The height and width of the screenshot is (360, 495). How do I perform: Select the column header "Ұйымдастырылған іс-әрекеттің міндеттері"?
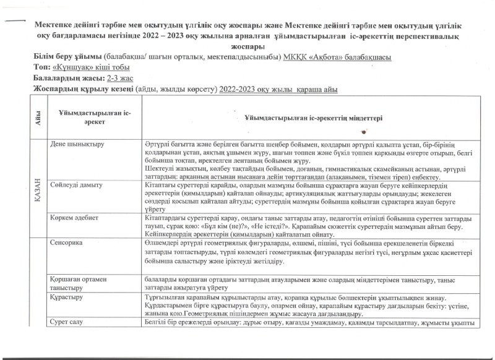[x=313, y=118]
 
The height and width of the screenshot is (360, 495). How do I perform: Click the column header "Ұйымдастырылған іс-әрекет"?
[x=93, y=118]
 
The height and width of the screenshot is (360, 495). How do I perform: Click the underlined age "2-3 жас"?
[x=121, y=79]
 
